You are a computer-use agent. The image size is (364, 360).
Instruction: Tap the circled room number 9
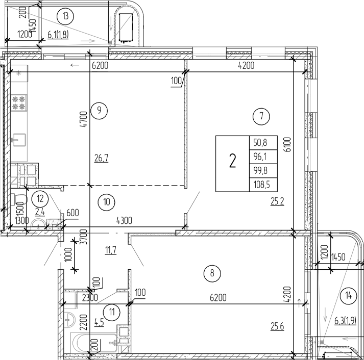pos(99,109)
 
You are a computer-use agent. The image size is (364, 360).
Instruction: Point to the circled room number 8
pos(211,274)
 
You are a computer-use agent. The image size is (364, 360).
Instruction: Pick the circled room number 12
pos(39,195)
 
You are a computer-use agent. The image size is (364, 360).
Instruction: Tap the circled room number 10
pos(106,201)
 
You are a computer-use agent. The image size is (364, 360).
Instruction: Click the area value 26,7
pos(101,159)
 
